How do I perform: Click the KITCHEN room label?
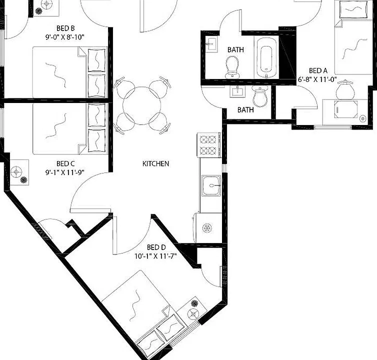pos(155,164)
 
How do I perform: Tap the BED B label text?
pos(65,28)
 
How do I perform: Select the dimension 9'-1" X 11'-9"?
pos(65,172)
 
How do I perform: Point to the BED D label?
pos(156,247)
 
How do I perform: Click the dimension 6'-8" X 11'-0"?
pos(317,79)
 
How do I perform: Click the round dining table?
pos(142,105)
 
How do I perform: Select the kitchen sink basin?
pos(211,185)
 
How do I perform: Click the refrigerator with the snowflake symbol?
pos(207,227)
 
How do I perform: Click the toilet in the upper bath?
pos(232,67)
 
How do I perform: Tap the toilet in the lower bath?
pos(259,96)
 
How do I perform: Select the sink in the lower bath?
pos(237,91)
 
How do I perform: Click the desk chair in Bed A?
pos(344,90)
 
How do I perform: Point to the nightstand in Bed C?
pos(19,172)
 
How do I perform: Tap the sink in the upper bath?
pos(211,44)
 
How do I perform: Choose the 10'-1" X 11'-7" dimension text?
pos(156,256)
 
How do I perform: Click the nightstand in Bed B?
pos(45,7)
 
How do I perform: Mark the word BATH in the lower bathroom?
pos(245,110)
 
